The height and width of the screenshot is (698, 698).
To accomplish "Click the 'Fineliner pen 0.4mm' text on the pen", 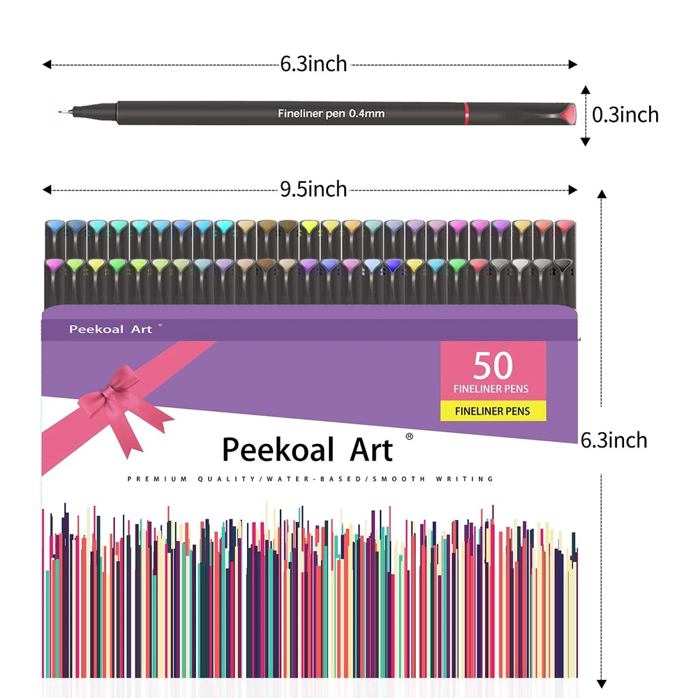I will [x=332, y=113].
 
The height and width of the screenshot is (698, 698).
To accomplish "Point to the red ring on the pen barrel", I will [x=466, y=113].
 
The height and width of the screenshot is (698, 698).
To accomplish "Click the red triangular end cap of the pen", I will [x=567, y=113].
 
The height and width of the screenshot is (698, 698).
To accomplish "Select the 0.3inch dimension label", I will [x=625, y=114].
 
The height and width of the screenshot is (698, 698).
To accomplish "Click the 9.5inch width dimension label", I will [x=313, y=189].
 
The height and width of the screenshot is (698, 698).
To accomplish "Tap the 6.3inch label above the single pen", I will [x=313, y=64].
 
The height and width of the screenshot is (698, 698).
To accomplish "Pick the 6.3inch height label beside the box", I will [x=614, y=440].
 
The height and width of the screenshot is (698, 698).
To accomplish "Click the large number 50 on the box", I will [x=493, y=366].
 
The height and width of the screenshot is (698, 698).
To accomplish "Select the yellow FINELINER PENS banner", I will [x=493, y=411].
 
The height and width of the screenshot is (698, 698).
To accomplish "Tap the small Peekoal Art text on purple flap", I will [x=110, y=329].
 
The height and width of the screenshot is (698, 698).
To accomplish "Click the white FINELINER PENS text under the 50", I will [x=493, y=389].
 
